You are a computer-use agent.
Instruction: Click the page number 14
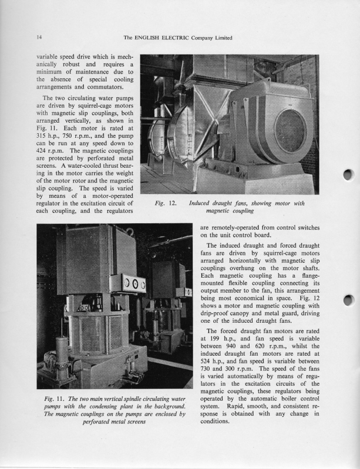pyautogui.click(x=39, y=38)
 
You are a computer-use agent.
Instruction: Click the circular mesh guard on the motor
pyautogui.click(x=290, y=130)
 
